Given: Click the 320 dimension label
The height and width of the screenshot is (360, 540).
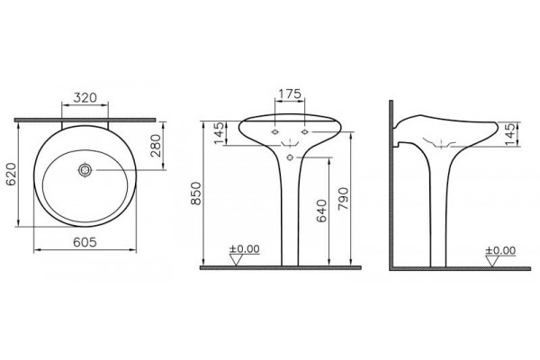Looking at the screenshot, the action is tap(85, 98).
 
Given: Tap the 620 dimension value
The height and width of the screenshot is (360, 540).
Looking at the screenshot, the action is tap(12, 175).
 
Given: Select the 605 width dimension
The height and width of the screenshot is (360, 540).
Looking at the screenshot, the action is tap(85, 242).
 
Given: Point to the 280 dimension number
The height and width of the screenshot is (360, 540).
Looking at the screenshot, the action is tap(156, 146).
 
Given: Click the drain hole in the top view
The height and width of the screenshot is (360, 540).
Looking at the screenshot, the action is tap(85, 170).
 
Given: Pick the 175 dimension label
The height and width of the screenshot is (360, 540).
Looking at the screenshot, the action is tap(290, 94).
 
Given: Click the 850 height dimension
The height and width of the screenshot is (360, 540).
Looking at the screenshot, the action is tap(196, 193).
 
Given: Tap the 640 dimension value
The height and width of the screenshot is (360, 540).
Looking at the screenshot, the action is tap(320, 211).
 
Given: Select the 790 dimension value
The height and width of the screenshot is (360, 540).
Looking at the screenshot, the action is tap(344, 199).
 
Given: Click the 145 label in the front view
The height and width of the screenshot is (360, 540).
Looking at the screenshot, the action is tap(219, 134).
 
